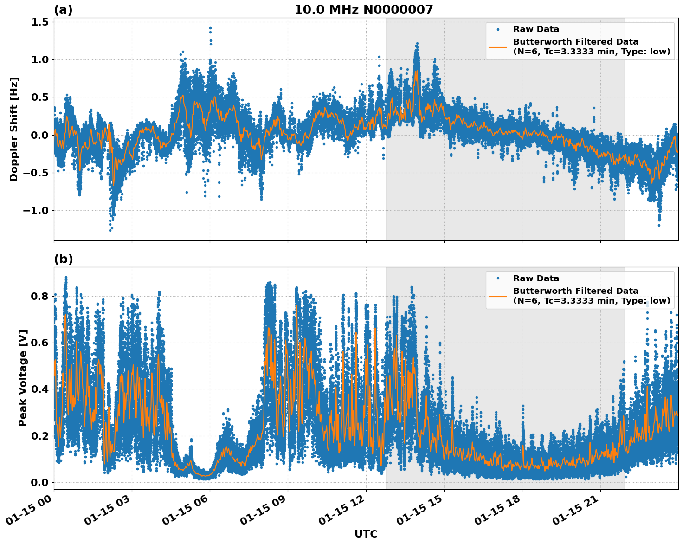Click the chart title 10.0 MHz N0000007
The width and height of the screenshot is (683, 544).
tap(363, 10)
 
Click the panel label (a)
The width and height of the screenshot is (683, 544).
tap(63, 10)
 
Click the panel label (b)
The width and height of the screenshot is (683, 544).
tap(63, 259)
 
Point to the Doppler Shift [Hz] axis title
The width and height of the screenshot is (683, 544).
tap(14, 129)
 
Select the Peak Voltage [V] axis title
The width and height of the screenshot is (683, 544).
tap(23, 378)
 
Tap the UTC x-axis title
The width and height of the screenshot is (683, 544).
tap(366, 534)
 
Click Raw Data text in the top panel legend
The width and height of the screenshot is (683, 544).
tap(536, 29)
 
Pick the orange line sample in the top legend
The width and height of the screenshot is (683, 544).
tap(498, 47)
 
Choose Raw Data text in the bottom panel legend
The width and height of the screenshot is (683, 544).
tap(536, 278)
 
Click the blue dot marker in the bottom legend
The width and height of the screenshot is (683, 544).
tap(498, 278)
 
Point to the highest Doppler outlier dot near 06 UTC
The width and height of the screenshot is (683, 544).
tap(210, 28)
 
